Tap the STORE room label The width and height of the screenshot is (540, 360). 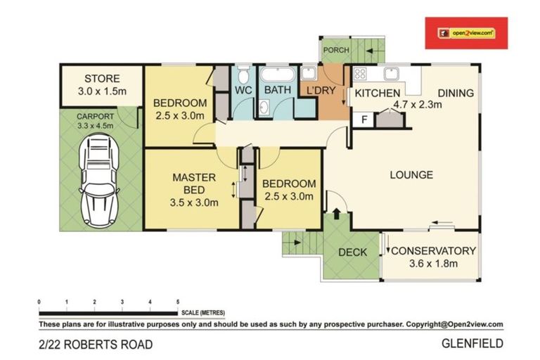(102, 79)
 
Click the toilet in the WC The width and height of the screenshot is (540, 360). (243, 74)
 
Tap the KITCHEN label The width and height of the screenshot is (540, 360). (377, 94)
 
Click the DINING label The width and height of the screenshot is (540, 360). (456, 93)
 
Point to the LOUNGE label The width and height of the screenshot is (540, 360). (412, 175)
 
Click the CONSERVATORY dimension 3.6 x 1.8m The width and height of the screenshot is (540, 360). (433, 264)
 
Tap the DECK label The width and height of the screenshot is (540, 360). (352, 252)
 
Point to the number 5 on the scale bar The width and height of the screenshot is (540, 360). (177, 301)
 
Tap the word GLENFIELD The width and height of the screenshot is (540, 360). (472, 345)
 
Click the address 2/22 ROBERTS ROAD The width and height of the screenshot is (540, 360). (95, 345)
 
